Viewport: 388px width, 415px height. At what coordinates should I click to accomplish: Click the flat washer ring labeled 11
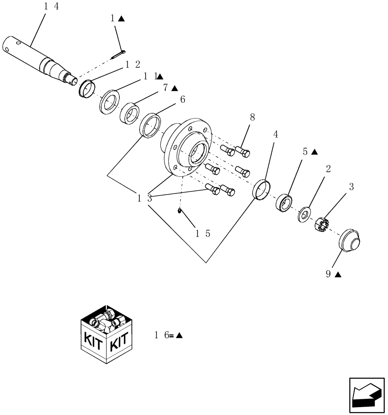coord(109,101)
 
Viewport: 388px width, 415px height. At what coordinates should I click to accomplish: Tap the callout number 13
coord(145,198)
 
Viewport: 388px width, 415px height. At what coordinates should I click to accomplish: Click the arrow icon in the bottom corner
coord(366,396)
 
